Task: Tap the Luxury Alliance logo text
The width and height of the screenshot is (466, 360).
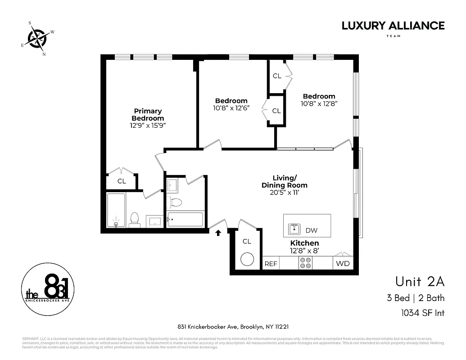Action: tap(393, 26)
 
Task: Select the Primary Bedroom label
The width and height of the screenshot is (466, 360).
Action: tap(148, 114)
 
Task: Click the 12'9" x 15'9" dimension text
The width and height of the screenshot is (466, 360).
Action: tap(148, 126)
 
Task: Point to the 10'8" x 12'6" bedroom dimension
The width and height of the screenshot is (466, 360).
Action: tap(231, 108)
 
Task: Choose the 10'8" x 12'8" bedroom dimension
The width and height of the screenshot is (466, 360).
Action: tap(319, 103)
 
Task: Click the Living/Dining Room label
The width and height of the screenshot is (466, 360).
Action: tap(284, 181)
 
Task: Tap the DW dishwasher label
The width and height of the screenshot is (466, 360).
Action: tap(311, 230)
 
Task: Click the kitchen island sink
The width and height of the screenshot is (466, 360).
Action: tap(294, 229)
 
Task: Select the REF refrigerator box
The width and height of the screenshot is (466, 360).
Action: tap(271, 264)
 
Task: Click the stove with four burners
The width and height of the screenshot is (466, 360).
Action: tap(305, 263)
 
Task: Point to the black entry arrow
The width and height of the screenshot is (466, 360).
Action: tap(218, 233)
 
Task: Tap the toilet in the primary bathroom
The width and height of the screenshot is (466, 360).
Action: tap(134, 219)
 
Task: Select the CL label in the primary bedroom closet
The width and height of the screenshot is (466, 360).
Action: tap(122, 181)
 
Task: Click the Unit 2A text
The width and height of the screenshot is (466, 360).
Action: tap(420, 282)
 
